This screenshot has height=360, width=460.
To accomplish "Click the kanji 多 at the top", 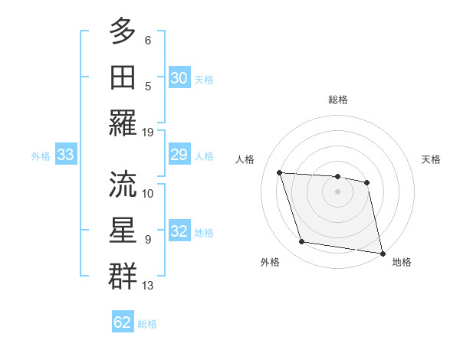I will [123, 31].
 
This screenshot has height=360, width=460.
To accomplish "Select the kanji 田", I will [123, 77].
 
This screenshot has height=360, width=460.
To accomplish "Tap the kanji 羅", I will [123, 123].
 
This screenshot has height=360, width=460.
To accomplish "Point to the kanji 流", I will [123, 184].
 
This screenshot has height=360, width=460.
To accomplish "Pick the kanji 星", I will [123, 230].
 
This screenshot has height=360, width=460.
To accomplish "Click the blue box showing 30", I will [179, 78].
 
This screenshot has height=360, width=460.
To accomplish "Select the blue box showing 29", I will [179, 155].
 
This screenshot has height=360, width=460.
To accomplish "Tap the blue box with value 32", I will [179, 232].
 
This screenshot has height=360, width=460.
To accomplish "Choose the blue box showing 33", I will [65, 155].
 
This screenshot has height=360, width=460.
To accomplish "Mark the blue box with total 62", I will [123, 322].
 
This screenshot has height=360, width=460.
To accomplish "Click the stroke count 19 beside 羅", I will [148, 132].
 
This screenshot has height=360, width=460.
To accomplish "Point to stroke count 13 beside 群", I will [148, 286].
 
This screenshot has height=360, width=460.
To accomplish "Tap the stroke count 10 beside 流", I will [148, 193].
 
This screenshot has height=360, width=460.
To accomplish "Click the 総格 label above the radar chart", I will [338, 100].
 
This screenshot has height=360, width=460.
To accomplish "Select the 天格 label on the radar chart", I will [432, 159].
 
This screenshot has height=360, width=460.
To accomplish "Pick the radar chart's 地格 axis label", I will [402, 262].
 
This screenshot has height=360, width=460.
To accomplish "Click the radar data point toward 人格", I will [280, 173].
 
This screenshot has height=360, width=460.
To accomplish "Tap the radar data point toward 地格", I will [382, 253].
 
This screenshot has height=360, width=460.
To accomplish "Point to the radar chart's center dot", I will [338, 191].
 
